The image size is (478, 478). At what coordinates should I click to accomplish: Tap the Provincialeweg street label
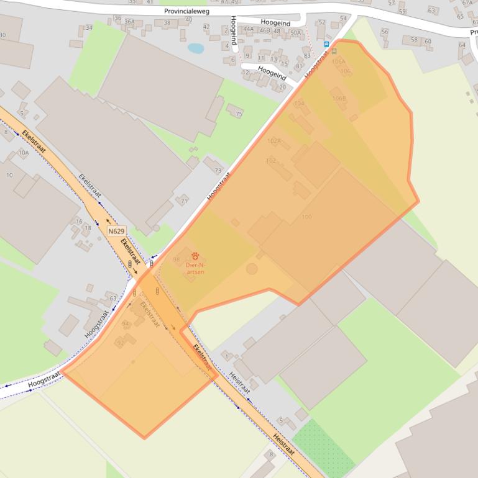click(188, 11)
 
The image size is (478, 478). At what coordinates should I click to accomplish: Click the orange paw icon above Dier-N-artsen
click(195, 255)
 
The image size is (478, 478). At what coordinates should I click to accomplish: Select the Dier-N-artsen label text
click(195, 268)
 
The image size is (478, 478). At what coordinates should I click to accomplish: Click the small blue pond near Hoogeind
click(196, 48)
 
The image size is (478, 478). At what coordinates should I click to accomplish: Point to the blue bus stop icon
click(326, 44)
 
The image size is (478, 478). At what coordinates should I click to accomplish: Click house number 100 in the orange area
click(306, 217)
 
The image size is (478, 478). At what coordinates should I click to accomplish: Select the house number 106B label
click(339, 98)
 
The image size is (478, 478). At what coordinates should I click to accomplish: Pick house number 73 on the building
click(217, 170)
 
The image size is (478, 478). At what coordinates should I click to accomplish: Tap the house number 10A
click(24, 152)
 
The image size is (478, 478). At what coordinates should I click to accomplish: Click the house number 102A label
click(274, 141)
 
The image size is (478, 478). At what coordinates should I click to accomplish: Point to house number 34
click(89, 27)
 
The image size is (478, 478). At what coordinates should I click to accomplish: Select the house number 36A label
click(129, 21)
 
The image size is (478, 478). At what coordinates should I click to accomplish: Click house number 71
click(184, 201)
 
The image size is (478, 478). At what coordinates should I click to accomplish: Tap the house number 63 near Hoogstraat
click(113, 299)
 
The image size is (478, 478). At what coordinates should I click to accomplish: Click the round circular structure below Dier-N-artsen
click(252, 269)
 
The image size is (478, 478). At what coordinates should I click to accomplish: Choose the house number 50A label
click(295, 32)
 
